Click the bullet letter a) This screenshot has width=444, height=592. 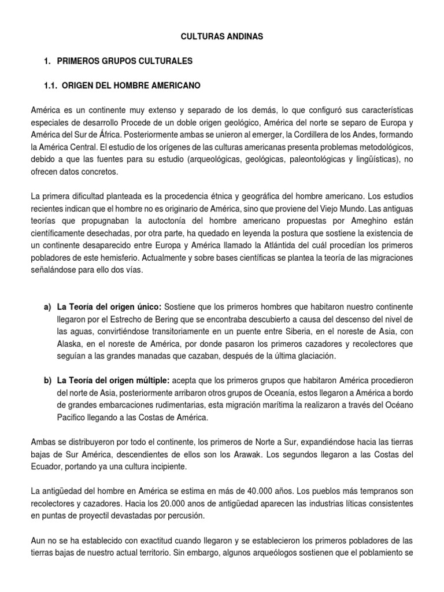pos(47,305)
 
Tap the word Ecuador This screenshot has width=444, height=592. pos(48,466)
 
